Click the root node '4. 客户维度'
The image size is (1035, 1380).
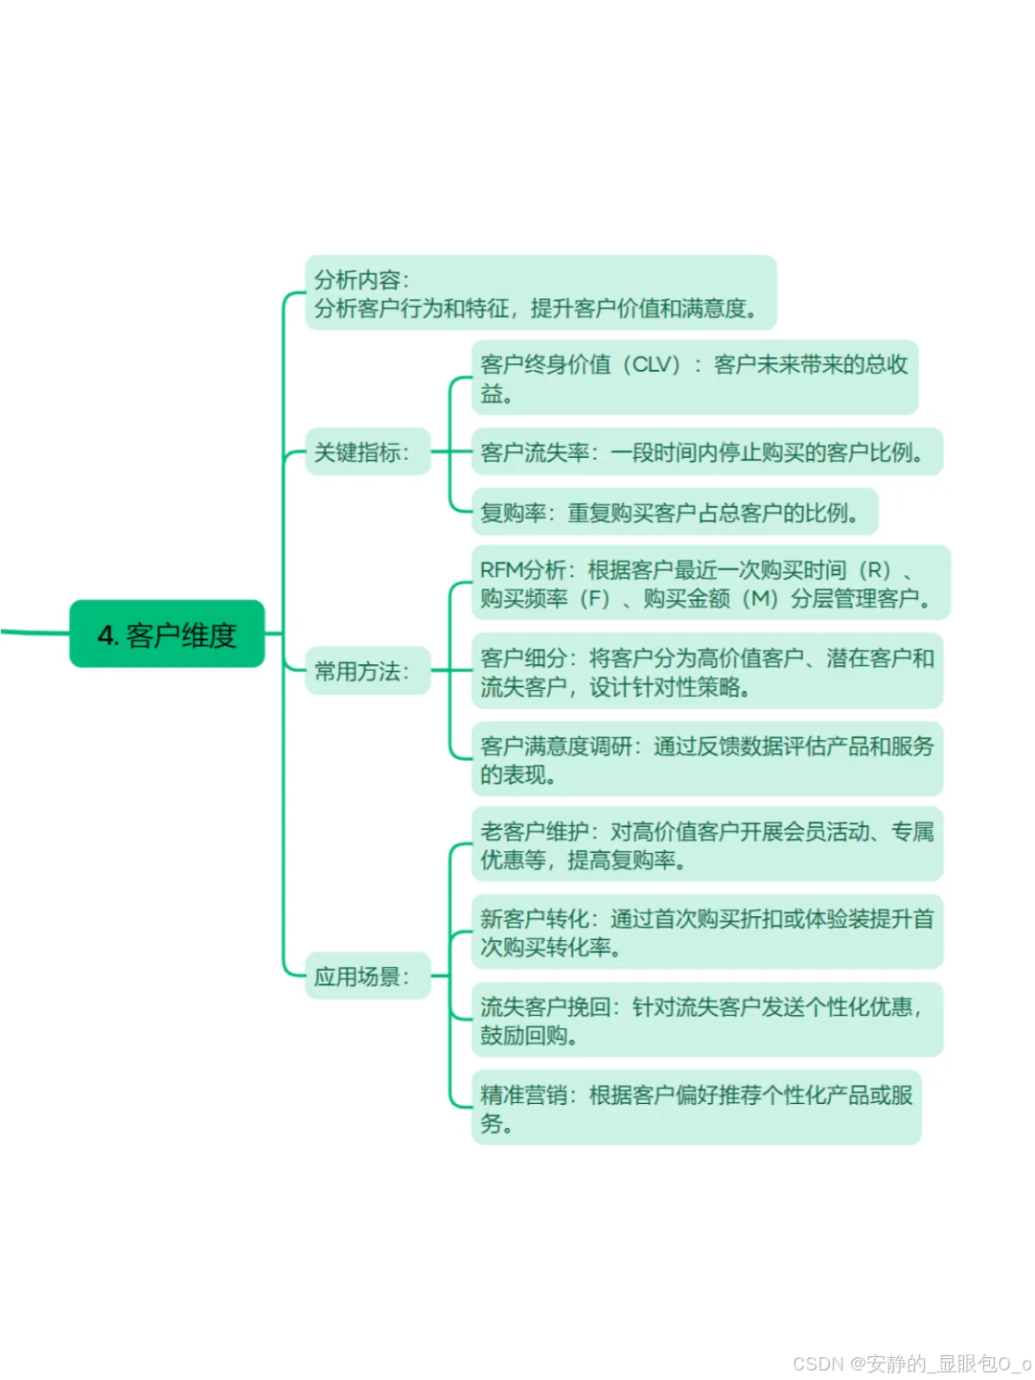coord(167,633)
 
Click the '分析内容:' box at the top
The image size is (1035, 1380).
coord(540,293)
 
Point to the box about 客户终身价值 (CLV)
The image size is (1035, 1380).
coord(695,378)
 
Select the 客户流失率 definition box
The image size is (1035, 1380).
coord(706,451)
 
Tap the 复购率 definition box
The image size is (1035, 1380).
coord(674,513)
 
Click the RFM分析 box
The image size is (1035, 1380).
coord(710,584)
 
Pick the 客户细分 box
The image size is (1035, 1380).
coord(706,671)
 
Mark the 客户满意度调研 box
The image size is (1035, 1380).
coord(706,759)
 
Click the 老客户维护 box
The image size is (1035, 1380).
coord(706,845)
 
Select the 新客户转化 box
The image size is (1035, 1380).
coord(706,932)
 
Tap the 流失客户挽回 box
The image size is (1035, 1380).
coord(706,1020)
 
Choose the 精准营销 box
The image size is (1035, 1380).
coord(696,1108)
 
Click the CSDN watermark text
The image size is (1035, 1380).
coord(911,1363)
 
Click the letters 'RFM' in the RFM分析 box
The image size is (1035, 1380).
coord(501,570)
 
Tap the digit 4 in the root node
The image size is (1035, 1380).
coord(105,635)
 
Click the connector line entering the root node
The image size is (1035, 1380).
coord(34,632)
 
